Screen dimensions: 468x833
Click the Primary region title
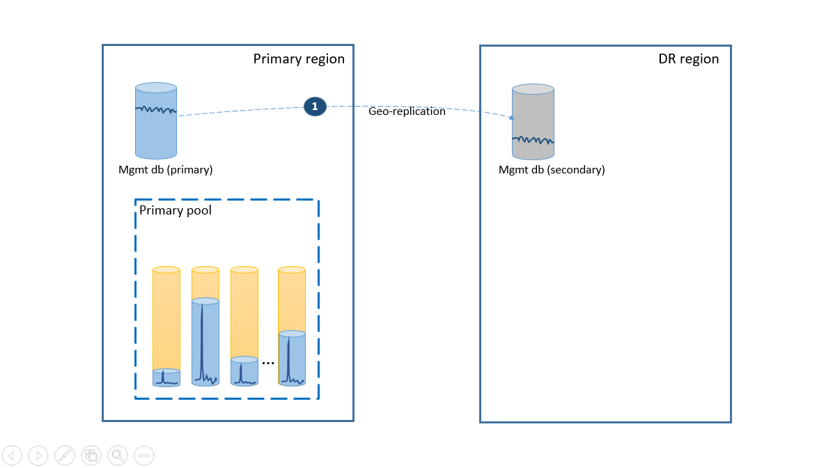click(x=298, y=58)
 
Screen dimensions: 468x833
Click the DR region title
click(x=688, y=58)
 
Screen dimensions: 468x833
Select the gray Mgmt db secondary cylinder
click(x=533, y=122)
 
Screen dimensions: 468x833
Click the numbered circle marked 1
click(x=315, y=107)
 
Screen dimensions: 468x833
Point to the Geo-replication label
click(x=407, y=111)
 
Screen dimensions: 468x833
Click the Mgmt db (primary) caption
click(x=166, y=169)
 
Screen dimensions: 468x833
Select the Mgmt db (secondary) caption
click(x=552, y=169)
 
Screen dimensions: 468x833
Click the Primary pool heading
click(x=176, y=210)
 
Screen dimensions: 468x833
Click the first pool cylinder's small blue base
click(x=166, y=378)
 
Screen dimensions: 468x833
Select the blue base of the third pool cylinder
click(x=244, y=372)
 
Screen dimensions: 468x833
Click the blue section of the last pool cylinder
click(x=292, y=359)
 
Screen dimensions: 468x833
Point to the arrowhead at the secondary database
click(x=512, y=118)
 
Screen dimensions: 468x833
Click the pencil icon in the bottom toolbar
click(x=65, y=455)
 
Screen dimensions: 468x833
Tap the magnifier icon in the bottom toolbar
click(x=118, y=455)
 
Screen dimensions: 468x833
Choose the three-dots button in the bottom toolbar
click(x=144, y=455)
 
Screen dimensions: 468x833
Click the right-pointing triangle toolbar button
click(x=38, y=455)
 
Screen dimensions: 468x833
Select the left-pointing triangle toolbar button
click(x=12, y=455)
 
